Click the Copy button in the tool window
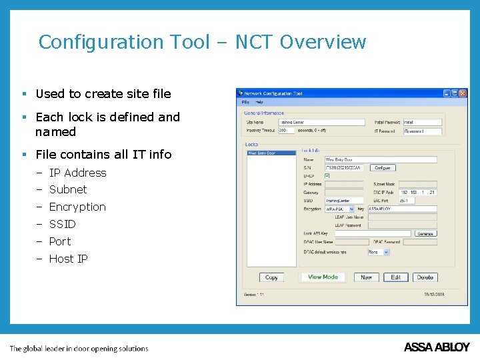271,277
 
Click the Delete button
425,277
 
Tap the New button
366,277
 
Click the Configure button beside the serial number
382,168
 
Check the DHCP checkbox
327,176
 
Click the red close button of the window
463,93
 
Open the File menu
245,103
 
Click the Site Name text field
321,123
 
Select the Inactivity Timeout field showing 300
286,131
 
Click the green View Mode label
323,277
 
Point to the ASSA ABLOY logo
437,347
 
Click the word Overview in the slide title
323,42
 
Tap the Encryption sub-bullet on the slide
77,207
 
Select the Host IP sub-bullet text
68,259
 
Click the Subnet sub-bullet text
68,189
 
